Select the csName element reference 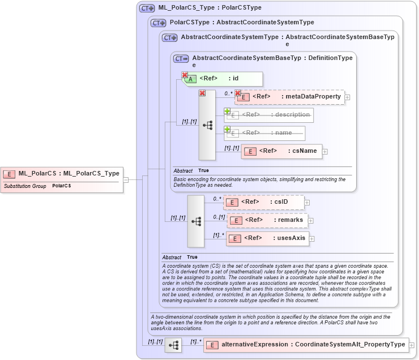pyautogui.click(x=281, y=151)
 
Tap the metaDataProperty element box pyautogui.click(x=289, y=97)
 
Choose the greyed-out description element pyautogui.click(x=269, y=115)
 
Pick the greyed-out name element pyautogui.click(x=264, y=133)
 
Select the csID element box pyautogui.click(x=263, y=202)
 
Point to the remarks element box pyautogui.click(x=267, y=220)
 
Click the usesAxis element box pyautogui.click(x=267, y=238)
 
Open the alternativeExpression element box pyautogui.click(x=306, y=345)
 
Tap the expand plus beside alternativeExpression pyautogui.click(x=412, y=345)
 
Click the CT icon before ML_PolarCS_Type pyautogui.click(x=147, y=8)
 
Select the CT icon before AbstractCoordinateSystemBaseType pyautogui.click(x=181, y=58)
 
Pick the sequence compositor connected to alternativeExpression pyautogui.click(x=173, y=345)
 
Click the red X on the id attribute pyautogui.click(x=185, y=75)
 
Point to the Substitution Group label pyautogui.click(x=25, y=186)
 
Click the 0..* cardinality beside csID pyautogui.click(x=217, y=199)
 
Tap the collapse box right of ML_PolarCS pyautogui.click(x=126, y=180)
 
